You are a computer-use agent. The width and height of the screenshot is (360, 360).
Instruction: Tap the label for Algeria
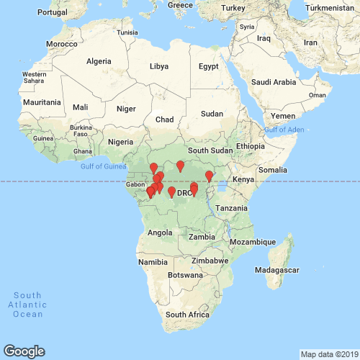[99, 61]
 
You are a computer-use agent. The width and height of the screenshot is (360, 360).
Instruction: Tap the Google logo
[23, 351]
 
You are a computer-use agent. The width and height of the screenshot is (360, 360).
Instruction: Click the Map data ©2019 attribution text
[328, 354]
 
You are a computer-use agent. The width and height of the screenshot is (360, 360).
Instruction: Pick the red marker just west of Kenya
[210, 176]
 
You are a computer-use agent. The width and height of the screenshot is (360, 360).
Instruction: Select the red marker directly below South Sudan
[181, 166]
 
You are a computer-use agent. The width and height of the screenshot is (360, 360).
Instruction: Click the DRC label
[185, 193]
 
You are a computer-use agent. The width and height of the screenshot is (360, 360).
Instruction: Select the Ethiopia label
[250, 145]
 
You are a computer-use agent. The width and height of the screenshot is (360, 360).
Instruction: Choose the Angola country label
[160, 233]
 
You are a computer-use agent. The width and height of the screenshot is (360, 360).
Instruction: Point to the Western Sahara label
[34, 78]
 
